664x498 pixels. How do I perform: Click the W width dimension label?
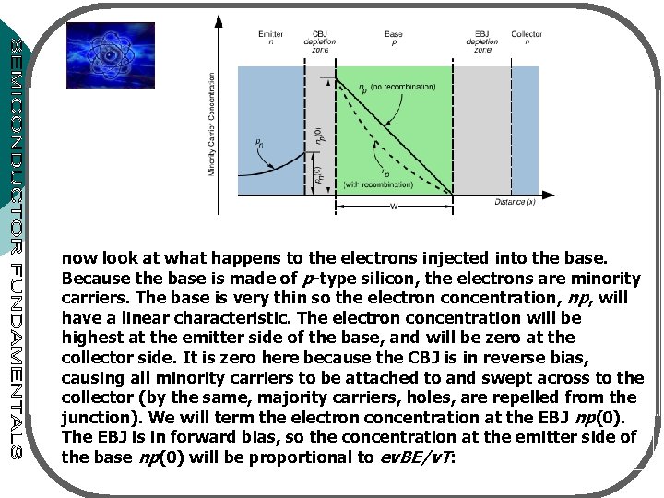(x=394, y=207)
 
